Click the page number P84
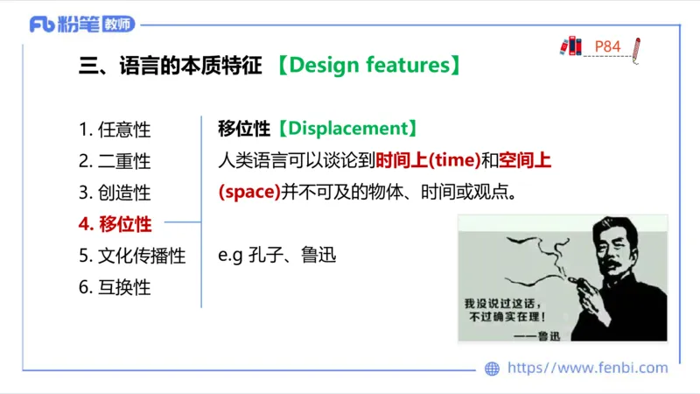[x=607, y=46]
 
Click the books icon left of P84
[x=571, y=46]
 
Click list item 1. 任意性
[x=115, y=130]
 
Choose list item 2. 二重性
[x=115, y=161]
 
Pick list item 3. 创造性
[x=115, y=193]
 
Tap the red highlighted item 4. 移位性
[x=115, y=224]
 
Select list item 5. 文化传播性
[x=132, y=256]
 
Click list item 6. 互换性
[x=115, y=287]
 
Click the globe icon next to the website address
[x=492, y=369]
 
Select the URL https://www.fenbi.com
[x=587, y=369]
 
